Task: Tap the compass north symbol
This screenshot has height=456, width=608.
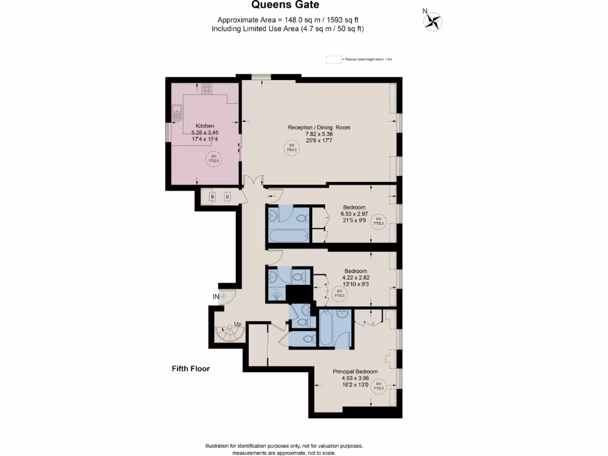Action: point(433,21)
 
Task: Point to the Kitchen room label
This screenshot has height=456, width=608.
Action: point(205,126)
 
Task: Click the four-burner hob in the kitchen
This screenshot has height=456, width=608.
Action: point(207,89)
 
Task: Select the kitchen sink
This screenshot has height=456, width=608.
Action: point(177,109)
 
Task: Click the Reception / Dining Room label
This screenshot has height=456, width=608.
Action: point(319,128)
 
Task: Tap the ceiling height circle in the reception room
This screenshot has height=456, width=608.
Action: point(291,148)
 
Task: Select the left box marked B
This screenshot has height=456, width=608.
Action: point(212,197)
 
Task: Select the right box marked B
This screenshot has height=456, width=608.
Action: point(227,197)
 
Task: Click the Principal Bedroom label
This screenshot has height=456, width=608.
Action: point(355,372)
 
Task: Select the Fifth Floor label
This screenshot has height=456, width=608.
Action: point(186,369)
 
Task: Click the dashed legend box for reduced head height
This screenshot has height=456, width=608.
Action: point(334,59)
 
